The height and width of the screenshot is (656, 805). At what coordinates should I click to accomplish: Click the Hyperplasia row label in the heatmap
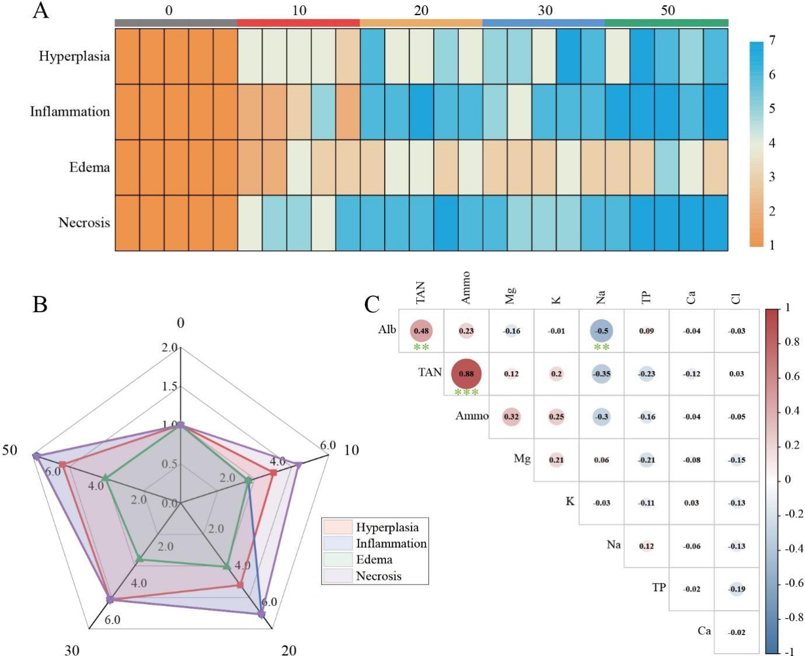pyautogui.click(x=74, y=57)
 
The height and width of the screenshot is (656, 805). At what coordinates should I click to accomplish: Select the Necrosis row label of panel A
pyautogui.click(x=84, y=222)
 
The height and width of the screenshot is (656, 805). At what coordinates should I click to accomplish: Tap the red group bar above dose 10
pyautogui.click(x=298, y=23)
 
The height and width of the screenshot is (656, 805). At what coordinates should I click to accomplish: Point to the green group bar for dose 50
pyautogui.click(x=666, y=23)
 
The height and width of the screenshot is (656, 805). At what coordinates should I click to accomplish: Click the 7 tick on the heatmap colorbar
pyautogui.click(x=772, y=40)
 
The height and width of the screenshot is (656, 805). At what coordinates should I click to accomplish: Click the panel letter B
pyautogui.click(x=40, y=304)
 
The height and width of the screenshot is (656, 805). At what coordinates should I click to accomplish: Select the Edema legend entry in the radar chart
pyautogui.click(x=374, y=560)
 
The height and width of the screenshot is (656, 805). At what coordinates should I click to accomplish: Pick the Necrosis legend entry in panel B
pyautogui.click(x=378, y=576)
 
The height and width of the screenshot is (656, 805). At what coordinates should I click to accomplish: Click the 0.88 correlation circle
pyautogui.click(x=466, y=374)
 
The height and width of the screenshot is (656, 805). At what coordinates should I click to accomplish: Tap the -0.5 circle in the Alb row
pyautogui.click(x=601, y=330)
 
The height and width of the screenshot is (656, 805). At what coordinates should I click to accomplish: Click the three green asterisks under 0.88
pyautogui.click(x=466, y=392)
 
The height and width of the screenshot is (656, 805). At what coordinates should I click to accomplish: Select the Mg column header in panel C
pyautogui.click(x=511, y=295)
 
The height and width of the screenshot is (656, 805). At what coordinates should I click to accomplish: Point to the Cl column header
pyautogui.click(x=737, y=297)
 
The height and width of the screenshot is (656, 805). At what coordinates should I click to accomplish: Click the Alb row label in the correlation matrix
pyautogui.click(x=387, y=330)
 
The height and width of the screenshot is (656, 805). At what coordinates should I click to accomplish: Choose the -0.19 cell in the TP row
pyautogui.click(x=737, y=589)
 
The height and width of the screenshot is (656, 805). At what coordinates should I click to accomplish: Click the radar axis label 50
pyautogui.click(x=10, y=450)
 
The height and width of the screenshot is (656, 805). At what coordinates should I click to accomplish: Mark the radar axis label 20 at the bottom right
pyautogui.click(x=289, y=650)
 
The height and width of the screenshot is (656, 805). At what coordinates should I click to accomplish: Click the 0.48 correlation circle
pyautogui.click(x=421, y=330)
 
